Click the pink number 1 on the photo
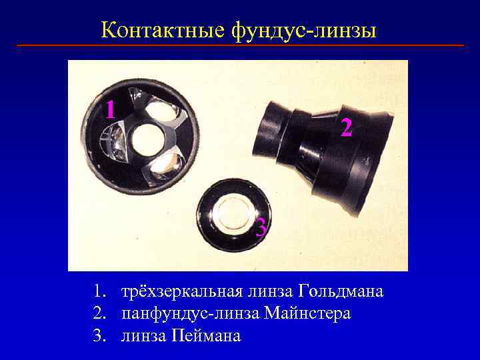click(111, 109)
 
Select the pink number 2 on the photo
click(345, 127)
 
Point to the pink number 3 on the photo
click(262, 228)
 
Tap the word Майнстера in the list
click(307, 314)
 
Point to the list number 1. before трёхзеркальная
click(99, 292)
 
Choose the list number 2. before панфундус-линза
click(99, 314)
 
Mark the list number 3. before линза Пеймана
click(99, 335)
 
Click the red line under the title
click(240, 45)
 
